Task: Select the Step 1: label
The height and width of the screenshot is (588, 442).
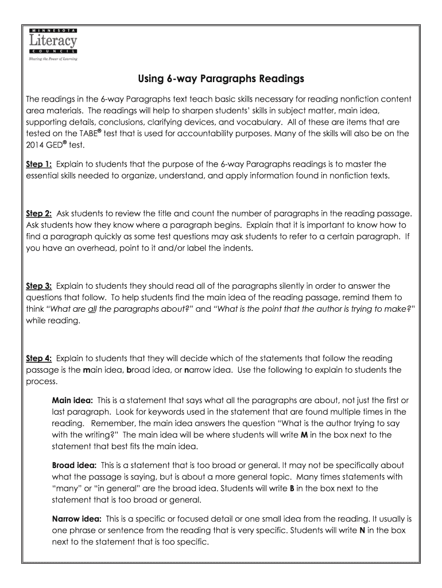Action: pos(40,164)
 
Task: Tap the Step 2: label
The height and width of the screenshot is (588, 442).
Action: pos(40,213)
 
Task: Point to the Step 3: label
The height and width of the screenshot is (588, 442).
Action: pos(40,285)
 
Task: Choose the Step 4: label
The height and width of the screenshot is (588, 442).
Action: pos(40,358)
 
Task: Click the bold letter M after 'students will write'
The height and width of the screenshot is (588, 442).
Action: pos(304,435)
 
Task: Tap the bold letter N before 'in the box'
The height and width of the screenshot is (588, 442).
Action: pos(362,530)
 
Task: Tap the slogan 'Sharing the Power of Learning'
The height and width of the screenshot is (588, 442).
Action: pos(52,59)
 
